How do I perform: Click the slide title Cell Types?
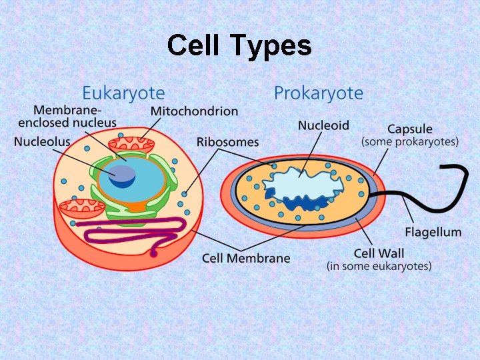[239, 46]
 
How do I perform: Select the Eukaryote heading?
[123, 93]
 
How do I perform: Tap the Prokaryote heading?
[318, 93]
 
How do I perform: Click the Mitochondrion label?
[194, 111]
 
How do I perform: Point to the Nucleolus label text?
[42, 142]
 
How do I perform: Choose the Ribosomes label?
[227, 142]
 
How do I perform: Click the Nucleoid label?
[323, 125]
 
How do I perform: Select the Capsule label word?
[410, 129]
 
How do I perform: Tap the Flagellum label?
[433, 232]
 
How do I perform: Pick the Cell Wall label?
[379, 253]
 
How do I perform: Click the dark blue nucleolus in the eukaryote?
[123, 175]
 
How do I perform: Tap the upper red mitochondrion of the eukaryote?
[131, 145]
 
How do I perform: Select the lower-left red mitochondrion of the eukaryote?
[81, 208]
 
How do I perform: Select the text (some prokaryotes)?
[410, 142]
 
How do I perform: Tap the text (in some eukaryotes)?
[379, 266]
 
